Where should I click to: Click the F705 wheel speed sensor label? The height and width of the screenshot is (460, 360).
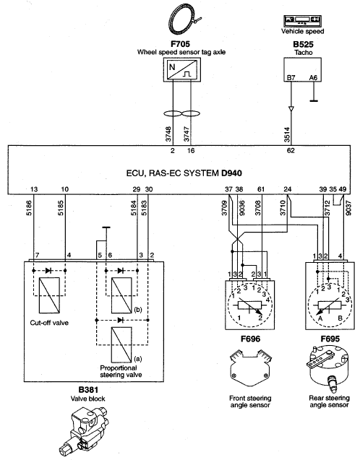(180, 44)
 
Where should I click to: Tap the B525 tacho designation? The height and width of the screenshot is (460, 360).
(303, 44)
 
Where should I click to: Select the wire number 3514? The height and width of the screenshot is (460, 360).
(287, 134)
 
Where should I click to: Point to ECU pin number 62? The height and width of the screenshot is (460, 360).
(291, 151)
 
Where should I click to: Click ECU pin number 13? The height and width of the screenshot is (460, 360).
(34, 189)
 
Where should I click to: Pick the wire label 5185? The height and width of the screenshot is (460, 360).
(61, 208)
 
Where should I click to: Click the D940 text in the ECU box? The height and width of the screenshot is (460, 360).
(231, 173)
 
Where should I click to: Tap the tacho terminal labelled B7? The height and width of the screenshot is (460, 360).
(291, 78)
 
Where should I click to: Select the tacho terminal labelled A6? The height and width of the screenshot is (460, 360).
(313, 78)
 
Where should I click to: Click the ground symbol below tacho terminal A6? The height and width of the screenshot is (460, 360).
(314, 101)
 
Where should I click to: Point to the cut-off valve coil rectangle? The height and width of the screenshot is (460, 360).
(49, 295)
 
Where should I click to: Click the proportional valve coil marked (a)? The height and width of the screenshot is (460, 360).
(121, 344)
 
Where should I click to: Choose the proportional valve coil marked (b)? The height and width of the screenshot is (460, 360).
(121, 295)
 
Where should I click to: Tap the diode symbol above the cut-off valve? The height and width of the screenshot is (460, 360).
(49, 271)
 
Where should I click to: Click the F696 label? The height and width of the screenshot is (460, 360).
(250, 339)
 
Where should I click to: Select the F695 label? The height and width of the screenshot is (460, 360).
(330, 339)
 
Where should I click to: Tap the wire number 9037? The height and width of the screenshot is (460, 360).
(348, 208)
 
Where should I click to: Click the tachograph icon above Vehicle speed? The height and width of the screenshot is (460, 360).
(302, 21)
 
